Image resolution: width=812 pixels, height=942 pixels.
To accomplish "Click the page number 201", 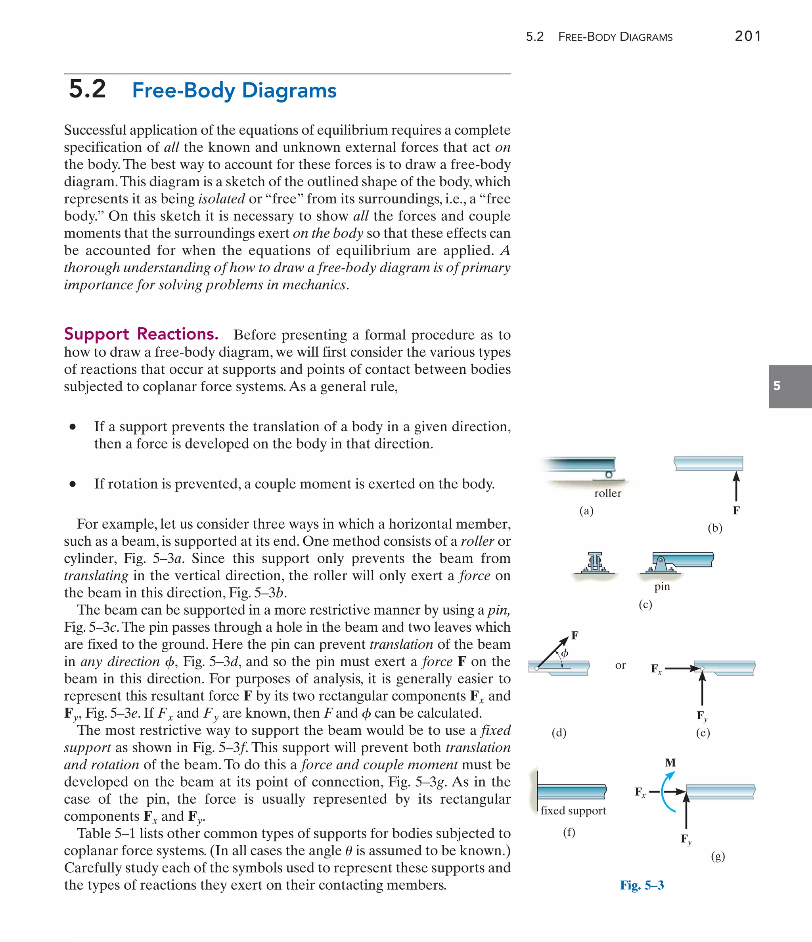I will (x=747, y=36).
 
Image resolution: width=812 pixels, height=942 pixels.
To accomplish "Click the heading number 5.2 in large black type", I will (x=87, y=89).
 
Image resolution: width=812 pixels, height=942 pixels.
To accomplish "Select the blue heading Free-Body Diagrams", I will (x=234, y=90).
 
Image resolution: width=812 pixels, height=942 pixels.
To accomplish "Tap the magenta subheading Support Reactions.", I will (x=141, y=334).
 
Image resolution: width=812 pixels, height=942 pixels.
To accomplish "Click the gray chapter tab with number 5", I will (x=790, y=386).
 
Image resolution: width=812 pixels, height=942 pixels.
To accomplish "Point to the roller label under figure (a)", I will (x=607, y=493).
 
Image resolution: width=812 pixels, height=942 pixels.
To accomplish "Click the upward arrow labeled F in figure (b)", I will (x=736, y=487).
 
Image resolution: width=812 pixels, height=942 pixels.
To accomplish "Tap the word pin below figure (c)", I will (x=662, y=587).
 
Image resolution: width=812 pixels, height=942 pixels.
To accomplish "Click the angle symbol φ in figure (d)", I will (x=565, y=653).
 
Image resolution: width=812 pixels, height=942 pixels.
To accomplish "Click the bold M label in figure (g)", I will (x=670, y=762).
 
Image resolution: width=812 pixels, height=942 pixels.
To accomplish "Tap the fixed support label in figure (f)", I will (x=573, y=810).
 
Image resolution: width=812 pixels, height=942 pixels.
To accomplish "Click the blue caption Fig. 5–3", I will (x=642, y=885).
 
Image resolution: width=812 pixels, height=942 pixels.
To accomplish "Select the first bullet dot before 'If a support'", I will (x=72, y=426).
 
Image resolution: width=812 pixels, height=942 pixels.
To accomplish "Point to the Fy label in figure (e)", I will (x=702, y=716).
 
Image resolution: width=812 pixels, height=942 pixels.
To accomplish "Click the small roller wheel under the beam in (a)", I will (x=608, y=475).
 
